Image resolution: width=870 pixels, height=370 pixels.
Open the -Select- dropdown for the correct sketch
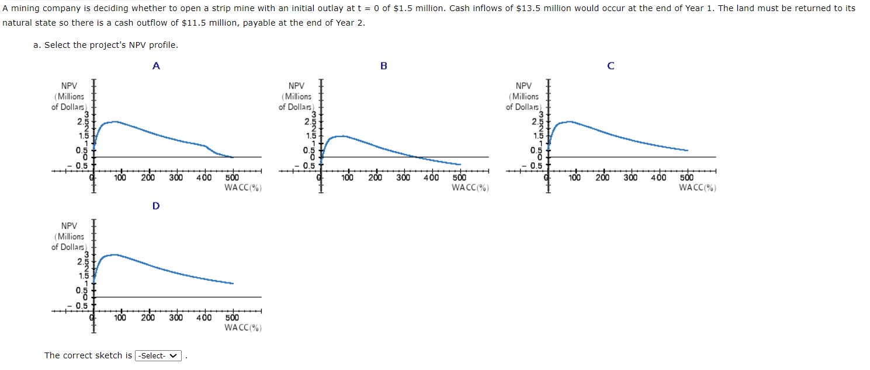[x=158, y=355]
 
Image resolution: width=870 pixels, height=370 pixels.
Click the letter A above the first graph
[x=156, y=66]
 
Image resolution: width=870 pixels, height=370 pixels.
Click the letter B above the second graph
[x=384, y=66]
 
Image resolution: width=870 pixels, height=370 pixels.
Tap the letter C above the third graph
[x=611, y=66]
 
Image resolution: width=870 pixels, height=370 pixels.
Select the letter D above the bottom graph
[x=156, y=206]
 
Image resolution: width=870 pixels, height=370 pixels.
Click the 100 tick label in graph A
[x=120, y=178]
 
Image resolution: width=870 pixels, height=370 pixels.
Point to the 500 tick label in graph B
[x=459, y=178]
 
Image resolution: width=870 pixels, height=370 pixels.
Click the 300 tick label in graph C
[x=630, y=178]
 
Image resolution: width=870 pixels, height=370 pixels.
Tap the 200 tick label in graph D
[x=148, y=318]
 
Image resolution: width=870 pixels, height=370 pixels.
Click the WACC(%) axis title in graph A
[x=242, y=187]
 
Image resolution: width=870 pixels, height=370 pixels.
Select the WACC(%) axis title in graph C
[x=697, y=187]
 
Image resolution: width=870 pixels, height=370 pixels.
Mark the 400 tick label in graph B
[x=431, y=178]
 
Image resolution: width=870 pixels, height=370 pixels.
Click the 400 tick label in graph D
[x=204, y=318]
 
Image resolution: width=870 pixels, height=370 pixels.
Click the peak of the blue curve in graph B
[x=344, y=136]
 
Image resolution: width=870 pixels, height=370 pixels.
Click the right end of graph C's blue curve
[x=687, y=150]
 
